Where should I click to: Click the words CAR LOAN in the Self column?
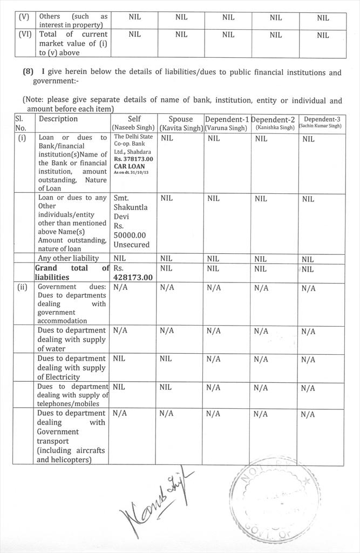128,166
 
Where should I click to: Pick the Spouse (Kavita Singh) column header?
180,124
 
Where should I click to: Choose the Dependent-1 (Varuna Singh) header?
227,124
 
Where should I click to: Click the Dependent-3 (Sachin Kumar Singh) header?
322,123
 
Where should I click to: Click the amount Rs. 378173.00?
134,159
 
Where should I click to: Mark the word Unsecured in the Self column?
131,245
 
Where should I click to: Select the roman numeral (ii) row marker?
23,287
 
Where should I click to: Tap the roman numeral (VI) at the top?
25,34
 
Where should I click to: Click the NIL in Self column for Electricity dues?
119,359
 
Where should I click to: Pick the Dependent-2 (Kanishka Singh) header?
274,124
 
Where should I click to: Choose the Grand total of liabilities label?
72,273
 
